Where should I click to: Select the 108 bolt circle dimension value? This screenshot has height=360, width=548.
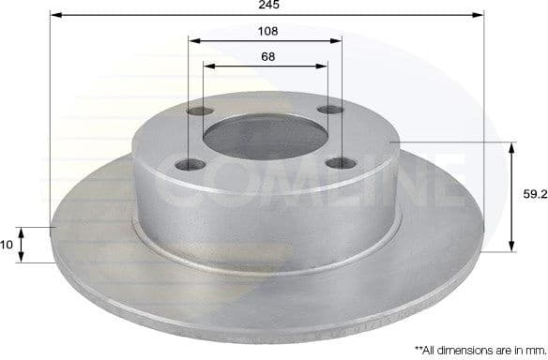(267, 31)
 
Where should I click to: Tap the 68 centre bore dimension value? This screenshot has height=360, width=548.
(267, 57)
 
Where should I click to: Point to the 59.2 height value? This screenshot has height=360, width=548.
(535, 195)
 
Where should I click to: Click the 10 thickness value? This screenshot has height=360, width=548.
(8, 245)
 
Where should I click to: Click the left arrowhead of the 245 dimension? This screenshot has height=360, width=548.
(55, 16)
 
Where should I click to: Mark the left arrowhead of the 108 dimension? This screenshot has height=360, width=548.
(193, 41)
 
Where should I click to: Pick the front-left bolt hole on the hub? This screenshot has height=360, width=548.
(190, 166)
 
